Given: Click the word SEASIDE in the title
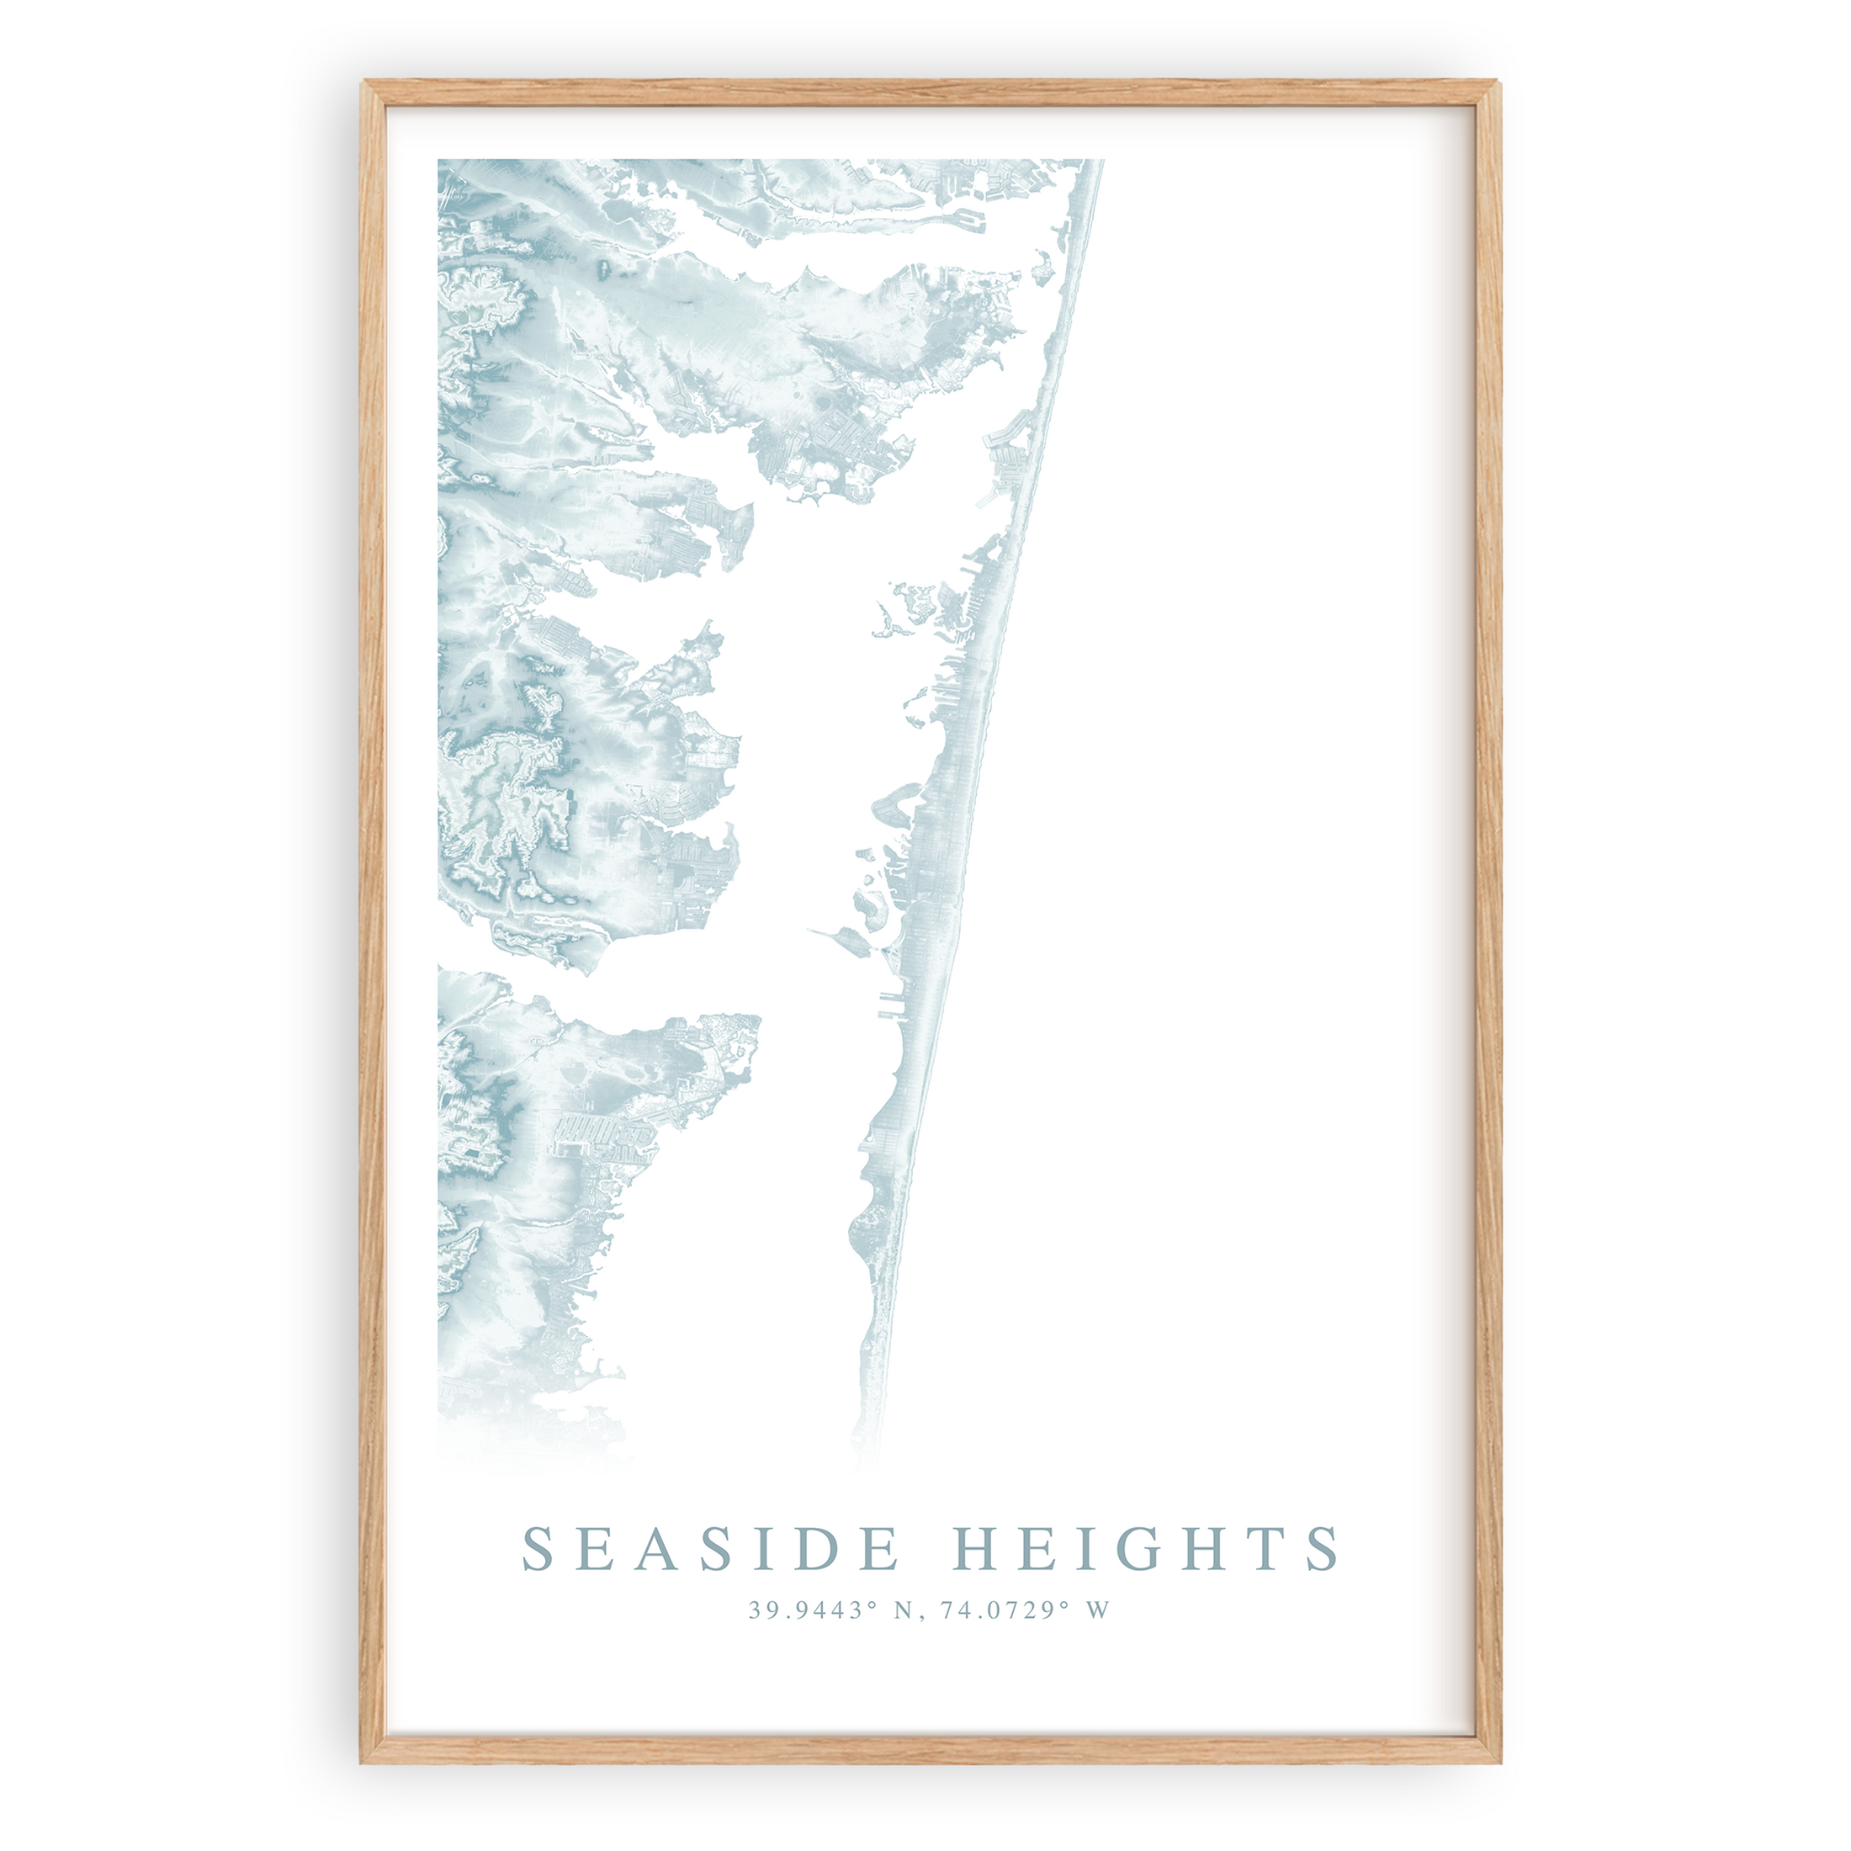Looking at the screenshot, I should [710, 1549].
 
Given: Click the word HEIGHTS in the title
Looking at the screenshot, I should [1148, 1549].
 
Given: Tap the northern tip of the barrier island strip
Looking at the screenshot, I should [1099, 163].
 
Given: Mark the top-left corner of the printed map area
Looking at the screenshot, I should [440, 161].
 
